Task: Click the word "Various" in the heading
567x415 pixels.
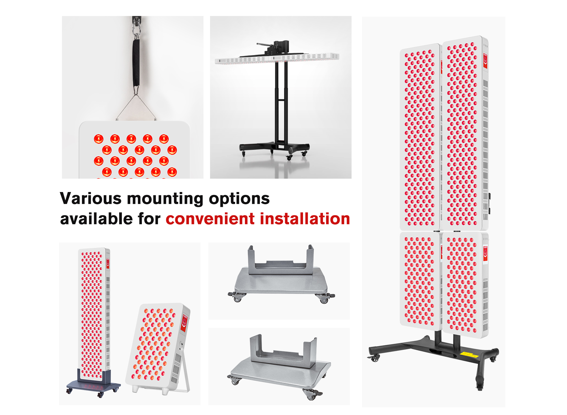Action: pos(91,198)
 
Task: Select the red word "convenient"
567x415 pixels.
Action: pos(210,219)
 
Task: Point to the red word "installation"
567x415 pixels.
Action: pos(305,219)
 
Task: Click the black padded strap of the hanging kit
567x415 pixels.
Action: pos(136,63)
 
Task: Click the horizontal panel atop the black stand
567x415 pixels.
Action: pos(277,58)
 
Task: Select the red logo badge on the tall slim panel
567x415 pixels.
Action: pos(108,264)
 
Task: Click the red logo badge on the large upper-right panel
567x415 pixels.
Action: pos(485,61)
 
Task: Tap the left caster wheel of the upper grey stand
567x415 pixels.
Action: pos(237,297)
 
